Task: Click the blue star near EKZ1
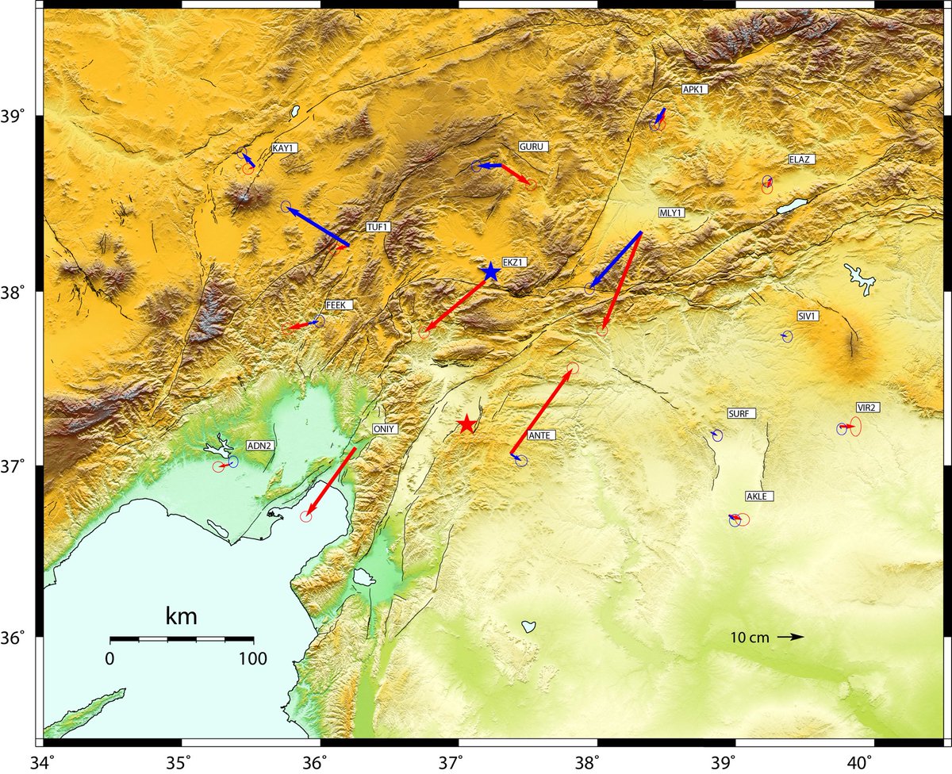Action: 490,271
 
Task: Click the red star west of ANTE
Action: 466,423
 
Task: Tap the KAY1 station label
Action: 283,148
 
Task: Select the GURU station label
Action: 532,147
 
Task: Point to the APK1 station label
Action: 694,90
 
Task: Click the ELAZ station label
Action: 800,159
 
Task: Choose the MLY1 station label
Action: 671,213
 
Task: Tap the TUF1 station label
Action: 378,228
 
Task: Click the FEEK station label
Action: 337,305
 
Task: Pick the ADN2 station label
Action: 260,446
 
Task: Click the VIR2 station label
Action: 866,407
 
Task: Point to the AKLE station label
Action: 758,496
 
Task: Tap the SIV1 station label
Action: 808,316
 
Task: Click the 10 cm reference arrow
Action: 790,637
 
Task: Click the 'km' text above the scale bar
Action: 181,615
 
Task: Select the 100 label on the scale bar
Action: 253,657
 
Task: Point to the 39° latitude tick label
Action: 17,117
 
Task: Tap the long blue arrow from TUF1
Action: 317,226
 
